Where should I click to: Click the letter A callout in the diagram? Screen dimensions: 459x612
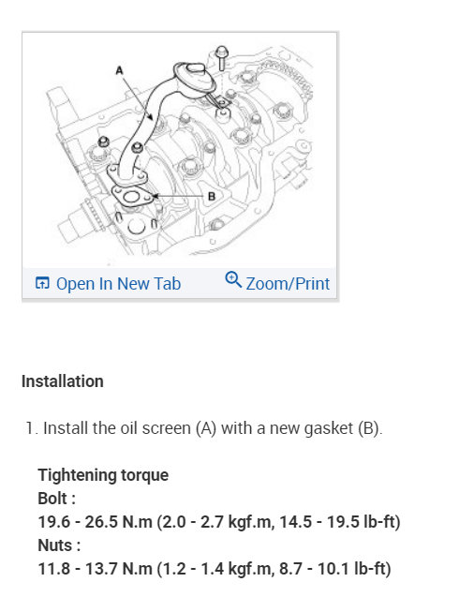pos(119,70)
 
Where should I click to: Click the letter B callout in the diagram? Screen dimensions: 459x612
pos(212,196)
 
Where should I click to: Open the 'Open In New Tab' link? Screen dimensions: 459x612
pos(118,284)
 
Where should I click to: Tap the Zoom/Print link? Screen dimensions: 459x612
pos(288,284)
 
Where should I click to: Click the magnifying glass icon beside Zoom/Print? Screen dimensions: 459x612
pos(233,279)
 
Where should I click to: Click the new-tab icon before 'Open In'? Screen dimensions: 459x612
pos(42,283)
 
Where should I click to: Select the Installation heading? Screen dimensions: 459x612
pos(63,381)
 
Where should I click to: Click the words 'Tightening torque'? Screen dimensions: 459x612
pos(103,475)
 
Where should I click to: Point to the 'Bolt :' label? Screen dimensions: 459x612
pos(56,499)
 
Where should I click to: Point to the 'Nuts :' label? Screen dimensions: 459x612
pos(59,545)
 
